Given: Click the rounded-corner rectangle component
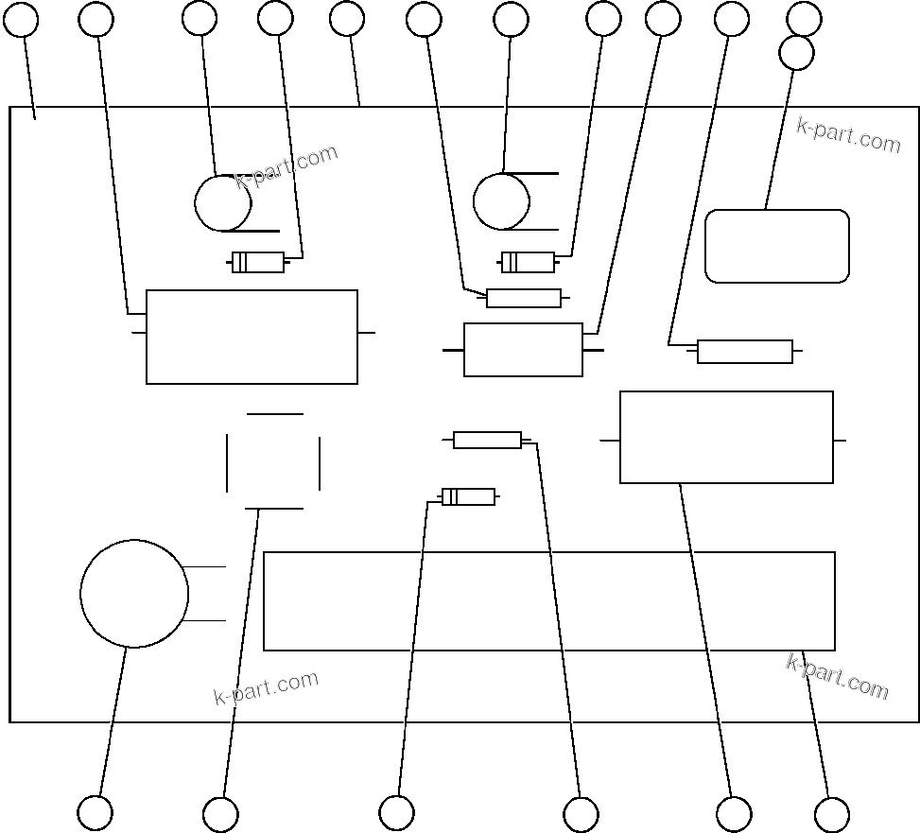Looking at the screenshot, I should point(777,246).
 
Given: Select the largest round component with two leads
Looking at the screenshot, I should point(134,594).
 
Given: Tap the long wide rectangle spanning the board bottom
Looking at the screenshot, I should point(548,601).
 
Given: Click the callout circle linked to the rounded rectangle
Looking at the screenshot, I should point(796,53).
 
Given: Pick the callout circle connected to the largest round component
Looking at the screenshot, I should point(95,812).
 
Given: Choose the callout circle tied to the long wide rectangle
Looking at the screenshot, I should point(831,814).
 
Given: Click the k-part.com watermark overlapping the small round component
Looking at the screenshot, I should point(286,167).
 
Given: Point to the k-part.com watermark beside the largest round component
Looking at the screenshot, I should point(266,688).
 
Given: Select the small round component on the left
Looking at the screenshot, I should point(223,202).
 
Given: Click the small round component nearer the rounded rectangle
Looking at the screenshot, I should point(501,201).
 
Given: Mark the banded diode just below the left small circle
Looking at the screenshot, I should point(258,262).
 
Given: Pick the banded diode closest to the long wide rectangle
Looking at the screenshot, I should point(468,496).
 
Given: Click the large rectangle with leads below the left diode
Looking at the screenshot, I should point(252,337).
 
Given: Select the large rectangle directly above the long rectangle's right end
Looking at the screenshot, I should point(726,437).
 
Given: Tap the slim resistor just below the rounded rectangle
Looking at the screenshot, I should point(744,352).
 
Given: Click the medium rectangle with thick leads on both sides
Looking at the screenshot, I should point(523,350).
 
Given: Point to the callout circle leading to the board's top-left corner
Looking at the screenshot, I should point(21,19).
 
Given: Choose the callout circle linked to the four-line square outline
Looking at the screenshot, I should point(220,814).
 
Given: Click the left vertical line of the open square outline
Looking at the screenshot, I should point(227,462).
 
